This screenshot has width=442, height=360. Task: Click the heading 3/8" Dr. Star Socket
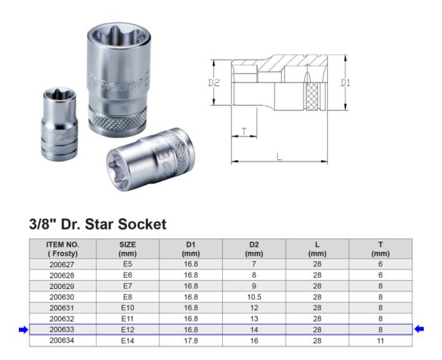(97, 224)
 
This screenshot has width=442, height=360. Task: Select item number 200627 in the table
(62, 265)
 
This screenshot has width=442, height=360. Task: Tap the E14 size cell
(127, 340)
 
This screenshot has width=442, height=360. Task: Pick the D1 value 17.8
(190, 340)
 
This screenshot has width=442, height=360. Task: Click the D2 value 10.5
(254, 297)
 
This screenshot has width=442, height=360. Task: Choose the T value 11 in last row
(380, 340)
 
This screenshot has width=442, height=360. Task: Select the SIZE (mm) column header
(127, 249)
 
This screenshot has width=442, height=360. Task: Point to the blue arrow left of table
(22, 329)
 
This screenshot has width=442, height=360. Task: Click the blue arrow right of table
(420, 329)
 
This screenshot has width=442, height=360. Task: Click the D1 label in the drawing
(345, 83)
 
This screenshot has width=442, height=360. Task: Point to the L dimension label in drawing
(279, 156)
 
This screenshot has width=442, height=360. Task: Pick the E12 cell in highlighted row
(127, 329)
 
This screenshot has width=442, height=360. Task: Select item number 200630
(62, 297)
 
